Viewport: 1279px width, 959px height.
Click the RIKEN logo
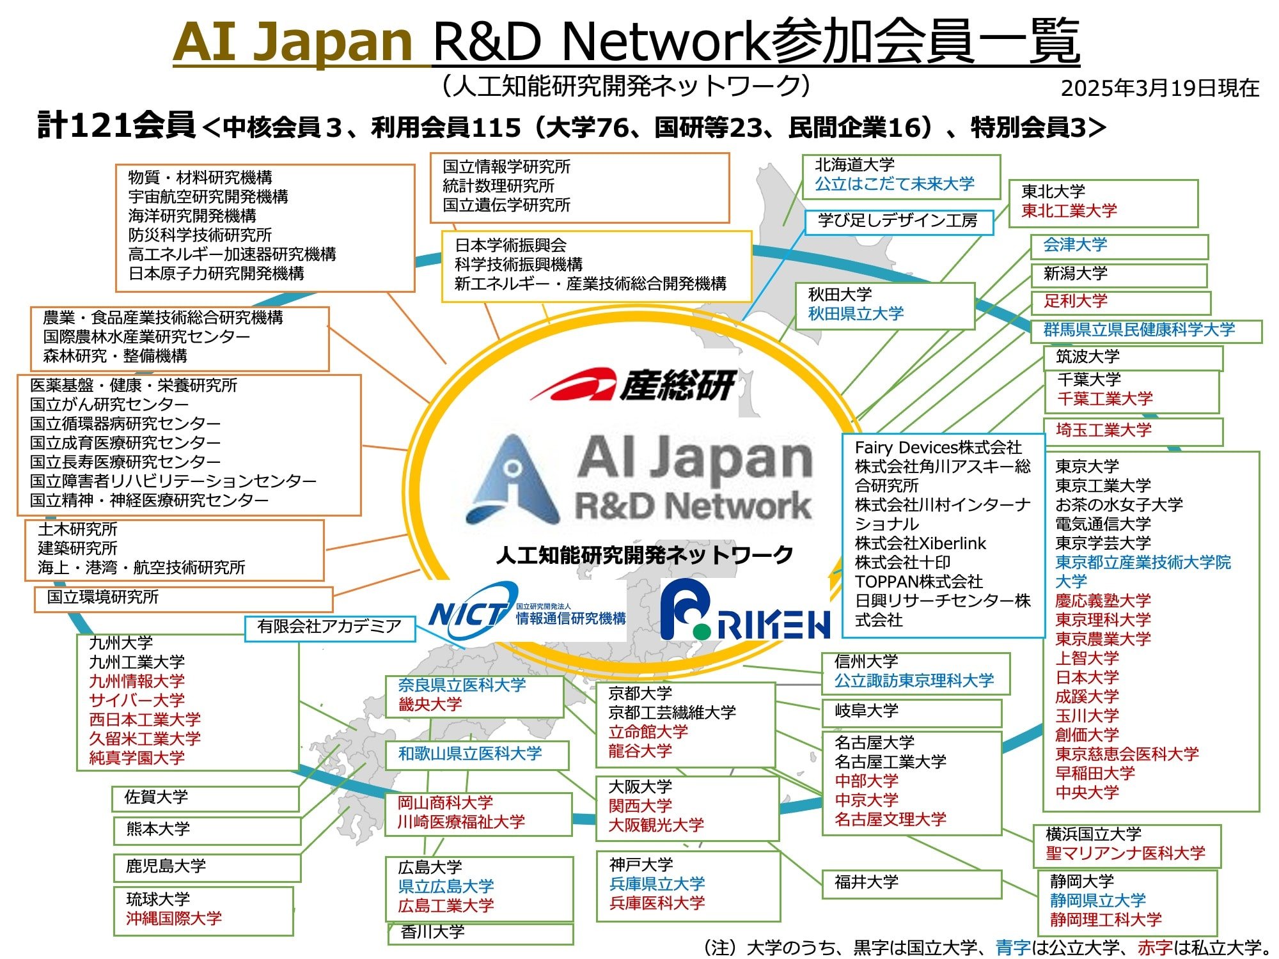tap(745, 610)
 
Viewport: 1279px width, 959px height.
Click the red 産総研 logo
tap(633, 385)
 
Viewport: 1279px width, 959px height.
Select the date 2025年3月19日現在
tap(1160, 88)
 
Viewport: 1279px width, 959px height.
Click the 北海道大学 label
tap(854, 165)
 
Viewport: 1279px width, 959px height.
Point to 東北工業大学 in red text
tap(1069, 210)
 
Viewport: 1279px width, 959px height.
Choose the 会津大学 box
tap(1119, 246)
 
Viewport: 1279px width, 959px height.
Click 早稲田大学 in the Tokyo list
tap(1095, 773)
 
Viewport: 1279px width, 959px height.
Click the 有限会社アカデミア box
tap(330, 628)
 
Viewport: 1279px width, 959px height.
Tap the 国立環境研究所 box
tap(184, 599)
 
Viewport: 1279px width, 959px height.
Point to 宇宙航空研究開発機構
tap(208, 196)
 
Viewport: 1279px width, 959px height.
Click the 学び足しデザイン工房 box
tap(898, 222)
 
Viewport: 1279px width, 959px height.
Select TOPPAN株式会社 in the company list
tap(918, 581)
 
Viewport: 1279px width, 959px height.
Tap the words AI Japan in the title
tap(294, 42)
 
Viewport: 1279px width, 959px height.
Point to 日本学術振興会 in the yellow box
tap(510, 246)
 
